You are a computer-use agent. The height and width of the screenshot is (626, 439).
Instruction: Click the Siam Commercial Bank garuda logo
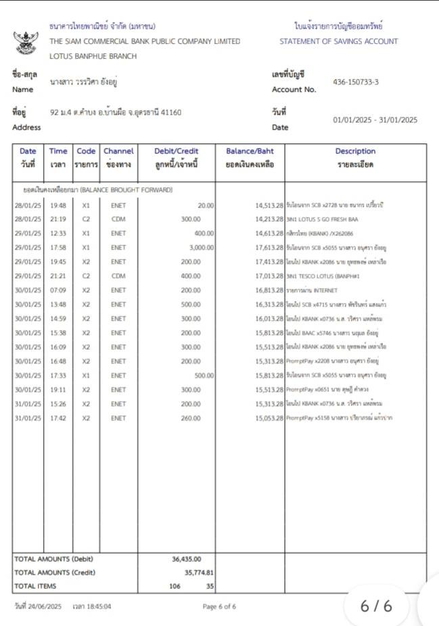[26, 41]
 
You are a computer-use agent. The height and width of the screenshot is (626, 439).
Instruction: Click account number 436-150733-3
[356, 83]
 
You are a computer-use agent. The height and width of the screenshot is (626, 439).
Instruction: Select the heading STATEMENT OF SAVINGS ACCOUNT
[338, 41]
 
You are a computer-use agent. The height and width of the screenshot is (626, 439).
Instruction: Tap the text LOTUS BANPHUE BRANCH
[93, 56]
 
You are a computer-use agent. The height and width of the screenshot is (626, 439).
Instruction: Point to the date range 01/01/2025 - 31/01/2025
[375, 120]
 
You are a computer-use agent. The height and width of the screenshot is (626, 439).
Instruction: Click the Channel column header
[118, 157]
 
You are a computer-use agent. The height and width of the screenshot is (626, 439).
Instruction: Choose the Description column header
[355, 157]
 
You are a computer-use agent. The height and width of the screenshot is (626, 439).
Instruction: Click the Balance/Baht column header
[250, 157]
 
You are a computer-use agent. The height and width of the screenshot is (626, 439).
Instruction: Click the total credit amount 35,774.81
[195, 573]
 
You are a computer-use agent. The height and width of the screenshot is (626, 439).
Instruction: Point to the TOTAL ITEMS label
[36, 586]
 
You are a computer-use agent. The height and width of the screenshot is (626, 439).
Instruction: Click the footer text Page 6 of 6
[219, 606]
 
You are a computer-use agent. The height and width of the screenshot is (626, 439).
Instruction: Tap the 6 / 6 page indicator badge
[376, 606]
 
